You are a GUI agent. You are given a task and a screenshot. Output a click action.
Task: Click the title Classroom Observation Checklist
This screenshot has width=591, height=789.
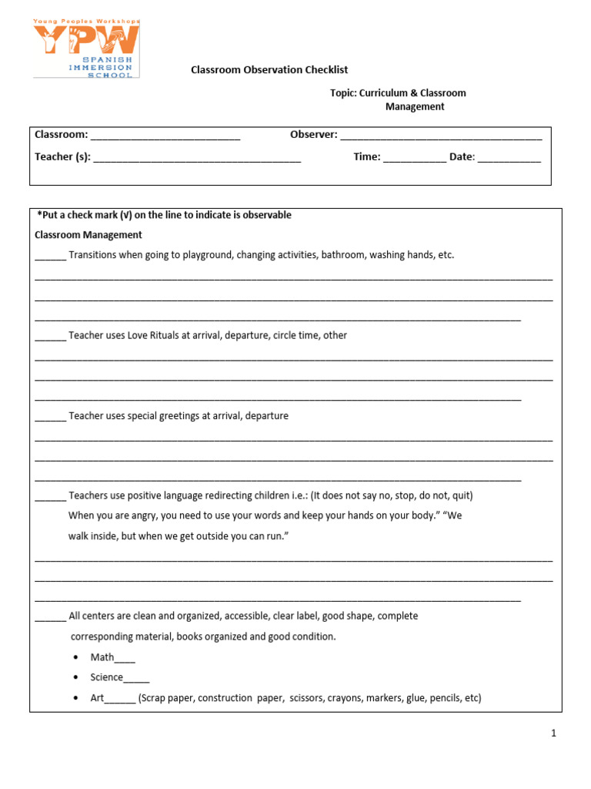(x=269, y=70)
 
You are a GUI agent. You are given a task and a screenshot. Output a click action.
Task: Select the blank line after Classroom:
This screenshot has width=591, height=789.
(x=165, y=136)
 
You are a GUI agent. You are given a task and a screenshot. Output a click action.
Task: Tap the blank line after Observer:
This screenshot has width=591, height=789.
(x=441, y=136)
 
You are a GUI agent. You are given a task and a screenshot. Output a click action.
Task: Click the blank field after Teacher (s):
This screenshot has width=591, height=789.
(x=197, y=159)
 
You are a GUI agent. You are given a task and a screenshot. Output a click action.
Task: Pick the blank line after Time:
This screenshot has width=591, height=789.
(x=414, y=159)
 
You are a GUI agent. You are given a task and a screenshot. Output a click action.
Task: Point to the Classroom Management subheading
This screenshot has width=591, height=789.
(x=88, y=235)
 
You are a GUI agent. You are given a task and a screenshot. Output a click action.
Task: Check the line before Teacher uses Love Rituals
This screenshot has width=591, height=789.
(x=51, y=337)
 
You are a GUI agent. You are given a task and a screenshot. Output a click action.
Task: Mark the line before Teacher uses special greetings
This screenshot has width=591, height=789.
(x=51, y=417)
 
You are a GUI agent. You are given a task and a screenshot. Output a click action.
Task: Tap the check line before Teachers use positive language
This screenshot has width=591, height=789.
(x=51, y=497)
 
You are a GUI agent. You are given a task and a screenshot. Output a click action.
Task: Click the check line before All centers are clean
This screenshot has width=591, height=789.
(x=51, y=617)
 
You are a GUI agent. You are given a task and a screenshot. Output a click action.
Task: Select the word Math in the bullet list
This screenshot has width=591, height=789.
(x=102, y=657)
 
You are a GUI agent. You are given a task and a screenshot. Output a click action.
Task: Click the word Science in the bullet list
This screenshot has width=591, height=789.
(x=107, y=677)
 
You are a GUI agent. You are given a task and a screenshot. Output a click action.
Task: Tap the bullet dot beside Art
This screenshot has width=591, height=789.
(x=75, y=698)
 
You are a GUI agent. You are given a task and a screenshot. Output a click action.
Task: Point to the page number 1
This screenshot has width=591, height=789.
(x=553, y=734)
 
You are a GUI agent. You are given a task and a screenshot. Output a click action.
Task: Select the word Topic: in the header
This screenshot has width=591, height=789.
(x=343, y=93)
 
